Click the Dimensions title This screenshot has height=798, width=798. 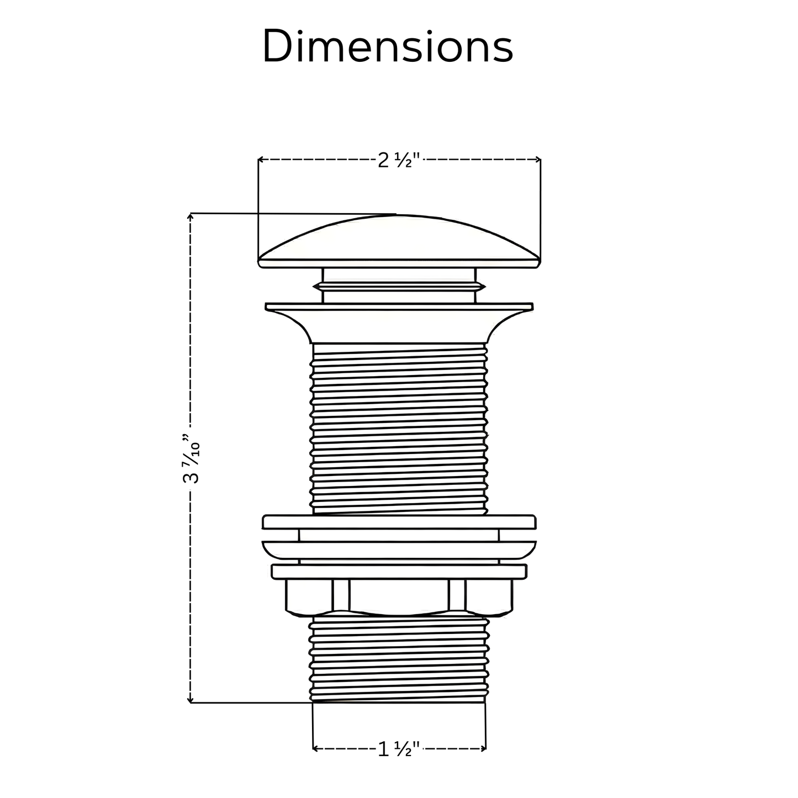[x=388, y=46]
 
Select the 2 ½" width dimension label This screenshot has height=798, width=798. [x=399, y=161]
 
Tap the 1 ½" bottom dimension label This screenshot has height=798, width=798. [x=399, y=749]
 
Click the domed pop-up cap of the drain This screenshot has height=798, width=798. [x=399, y=240]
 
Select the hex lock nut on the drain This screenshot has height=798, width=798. [x=399, y=596]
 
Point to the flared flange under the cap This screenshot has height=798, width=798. [x=399, y=323]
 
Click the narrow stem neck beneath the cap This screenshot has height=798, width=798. [x=399, y=285]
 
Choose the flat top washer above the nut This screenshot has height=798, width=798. [x=399, y=522]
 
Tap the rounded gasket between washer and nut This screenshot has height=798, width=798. [x=399, y=549]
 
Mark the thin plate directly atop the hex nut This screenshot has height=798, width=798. [x=399, y=572]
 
